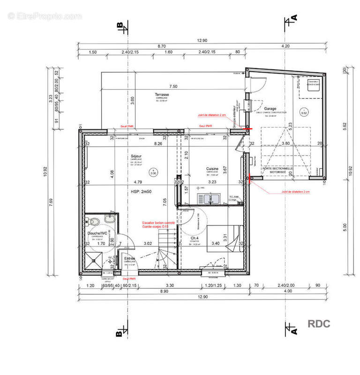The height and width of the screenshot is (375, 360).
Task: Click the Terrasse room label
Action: pos(162,95)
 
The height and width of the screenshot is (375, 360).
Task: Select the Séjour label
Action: pos(136,157)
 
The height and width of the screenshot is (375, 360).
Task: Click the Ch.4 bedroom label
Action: pos(195,238)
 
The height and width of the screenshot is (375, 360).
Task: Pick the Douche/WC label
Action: pos(98,232)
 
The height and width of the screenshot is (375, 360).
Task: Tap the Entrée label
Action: pos(129,258)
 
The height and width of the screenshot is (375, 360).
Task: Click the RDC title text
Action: pos(319,323)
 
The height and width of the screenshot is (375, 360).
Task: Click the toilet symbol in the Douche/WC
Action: pos(94,221)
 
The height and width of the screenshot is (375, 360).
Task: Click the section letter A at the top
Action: pos(294,18)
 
